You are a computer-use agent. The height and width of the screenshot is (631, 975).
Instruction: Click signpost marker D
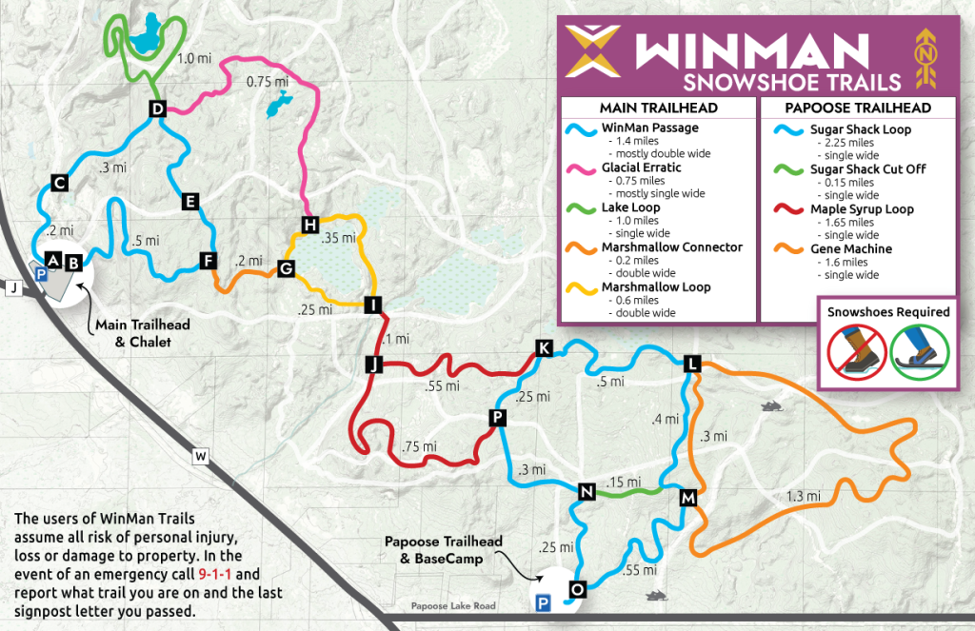click(x=158, y=109)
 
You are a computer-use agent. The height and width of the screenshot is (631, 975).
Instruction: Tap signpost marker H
click(x=309, y=225)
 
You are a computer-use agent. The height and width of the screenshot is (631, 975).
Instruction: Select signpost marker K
click(x=544, y=347)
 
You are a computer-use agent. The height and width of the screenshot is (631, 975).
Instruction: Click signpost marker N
click(x=587, y=491)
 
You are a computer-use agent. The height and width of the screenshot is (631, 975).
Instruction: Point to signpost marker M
click(x=688, y=498)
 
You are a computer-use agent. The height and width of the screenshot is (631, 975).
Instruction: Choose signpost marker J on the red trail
click(x=373, y=365)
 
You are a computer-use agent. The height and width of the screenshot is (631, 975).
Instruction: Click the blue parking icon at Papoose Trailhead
click(x=543, y=601)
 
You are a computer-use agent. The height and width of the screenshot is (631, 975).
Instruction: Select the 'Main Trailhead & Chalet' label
click(x=142, y=333)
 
